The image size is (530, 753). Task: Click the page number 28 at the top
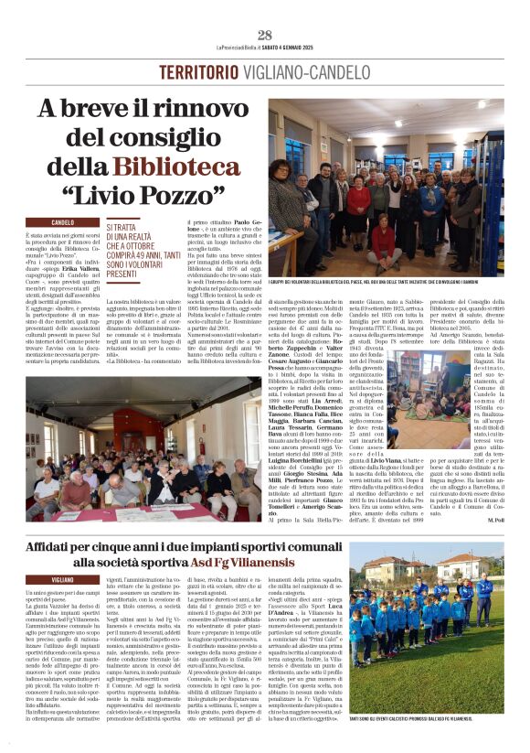click(x=265, y=35)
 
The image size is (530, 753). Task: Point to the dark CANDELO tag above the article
click(x=63, y=222)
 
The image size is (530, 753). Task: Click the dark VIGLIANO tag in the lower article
click(x=63, y=580)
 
